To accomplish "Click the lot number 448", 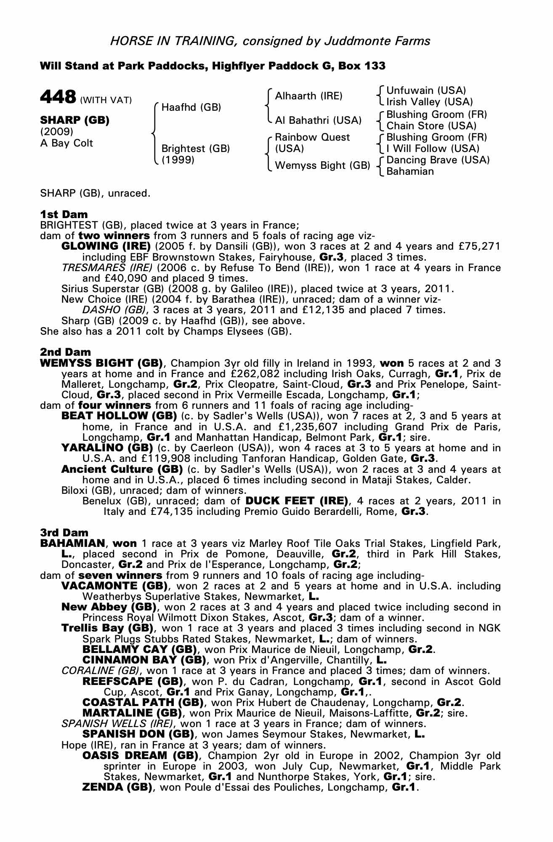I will point(58,97).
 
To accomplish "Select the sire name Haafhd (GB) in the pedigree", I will point(191,107).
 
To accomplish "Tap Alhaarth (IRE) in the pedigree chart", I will point(308,96).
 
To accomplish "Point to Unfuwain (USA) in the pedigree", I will point(426,91).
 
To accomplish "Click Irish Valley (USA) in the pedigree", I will point(429,102).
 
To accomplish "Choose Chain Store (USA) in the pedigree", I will point(431,126).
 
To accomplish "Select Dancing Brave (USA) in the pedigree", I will point(438,160).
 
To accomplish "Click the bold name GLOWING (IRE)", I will point(106,246).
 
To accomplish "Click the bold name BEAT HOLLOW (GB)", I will point(119,416).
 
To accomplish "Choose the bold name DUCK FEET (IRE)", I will point(297,501).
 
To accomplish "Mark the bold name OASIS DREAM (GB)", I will point(138,756).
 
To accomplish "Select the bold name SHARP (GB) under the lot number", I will point(74,120).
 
